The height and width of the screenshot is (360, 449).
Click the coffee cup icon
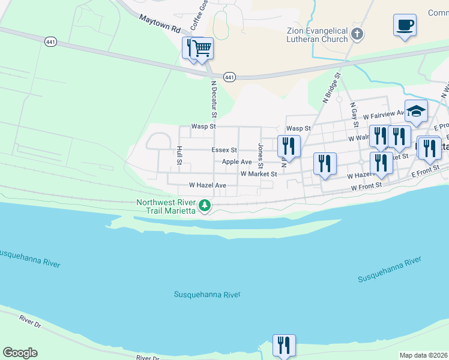click(x=405, y=26)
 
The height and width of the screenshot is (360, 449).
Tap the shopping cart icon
click(x=203, y=47)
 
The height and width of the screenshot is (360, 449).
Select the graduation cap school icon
click(x=416, y=110)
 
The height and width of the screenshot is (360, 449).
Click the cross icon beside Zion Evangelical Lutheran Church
click(x=358, y=34)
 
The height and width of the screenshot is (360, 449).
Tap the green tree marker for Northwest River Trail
click(x=205, y=206)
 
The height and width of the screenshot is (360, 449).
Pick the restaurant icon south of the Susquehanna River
click(x=284, y=345)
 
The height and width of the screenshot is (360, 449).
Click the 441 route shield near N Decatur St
click(x=229, y=77)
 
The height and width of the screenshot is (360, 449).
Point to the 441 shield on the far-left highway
click(x=50, y=41)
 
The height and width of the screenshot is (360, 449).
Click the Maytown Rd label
click(x=160, y=24)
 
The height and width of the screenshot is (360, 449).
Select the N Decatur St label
click(x=213, y=100)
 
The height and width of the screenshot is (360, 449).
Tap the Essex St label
click(x=224, y=150)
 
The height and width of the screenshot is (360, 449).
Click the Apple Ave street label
click(x=237, y=162)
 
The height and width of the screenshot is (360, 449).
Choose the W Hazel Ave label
click(x=207, y=186)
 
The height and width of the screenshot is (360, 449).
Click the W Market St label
click(x=258, y=174)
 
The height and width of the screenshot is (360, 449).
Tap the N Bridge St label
click(x=331, y=89)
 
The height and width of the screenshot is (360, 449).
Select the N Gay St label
click(x=354, y=114)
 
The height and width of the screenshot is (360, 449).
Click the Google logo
click(x=20, y=353)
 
